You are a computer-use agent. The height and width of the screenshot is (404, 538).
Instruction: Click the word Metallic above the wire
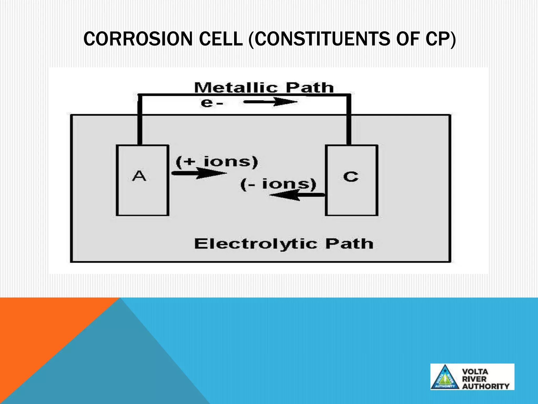coord(236,88)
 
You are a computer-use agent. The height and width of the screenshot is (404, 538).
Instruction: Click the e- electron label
coord(212,103)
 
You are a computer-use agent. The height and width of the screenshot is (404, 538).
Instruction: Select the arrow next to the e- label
coord(271,102)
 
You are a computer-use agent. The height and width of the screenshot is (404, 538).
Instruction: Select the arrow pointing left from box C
coord(297,195)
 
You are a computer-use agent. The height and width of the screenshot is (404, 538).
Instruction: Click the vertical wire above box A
coord(140,124)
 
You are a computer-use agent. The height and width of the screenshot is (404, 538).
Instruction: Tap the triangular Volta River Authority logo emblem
coord(445,377)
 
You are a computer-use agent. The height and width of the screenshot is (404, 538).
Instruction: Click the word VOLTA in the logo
coord(475,372)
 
